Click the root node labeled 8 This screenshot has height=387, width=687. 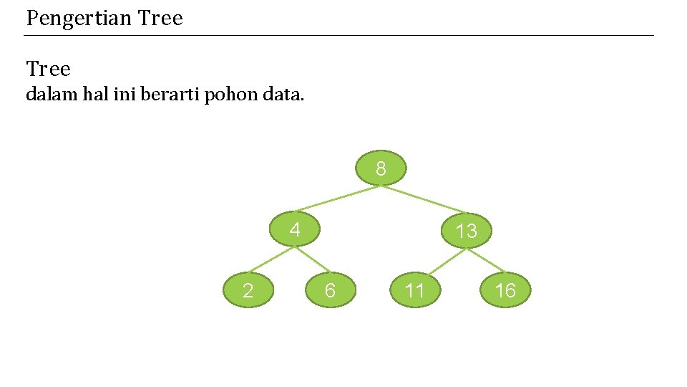[381, 169]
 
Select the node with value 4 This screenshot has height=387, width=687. [294, 230]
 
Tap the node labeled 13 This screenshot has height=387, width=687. [466, 230]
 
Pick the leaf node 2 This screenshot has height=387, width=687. [248, 290]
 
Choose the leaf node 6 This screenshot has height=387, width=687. [330, 290]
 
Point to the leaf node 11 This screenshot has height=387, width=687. [415, 290]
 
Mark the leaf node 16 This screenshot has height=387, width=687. [505, 290]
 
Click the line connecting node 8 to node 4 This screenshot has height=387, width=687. [336, 200]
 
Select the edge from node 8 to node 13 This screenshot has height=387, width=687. [424, 200]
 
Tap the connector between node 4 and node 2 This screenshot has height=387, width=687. [271, 261]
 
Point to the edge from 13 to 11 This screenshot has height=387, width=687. [441, 262]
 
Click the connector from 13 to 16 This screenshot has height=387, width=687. [486, 261]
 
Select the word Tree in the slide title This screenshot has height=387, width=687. [160, 18]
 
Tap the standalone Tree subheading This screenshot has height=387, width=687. [49, 70]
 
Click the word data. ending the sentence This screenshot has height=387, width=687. [283, 94]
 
